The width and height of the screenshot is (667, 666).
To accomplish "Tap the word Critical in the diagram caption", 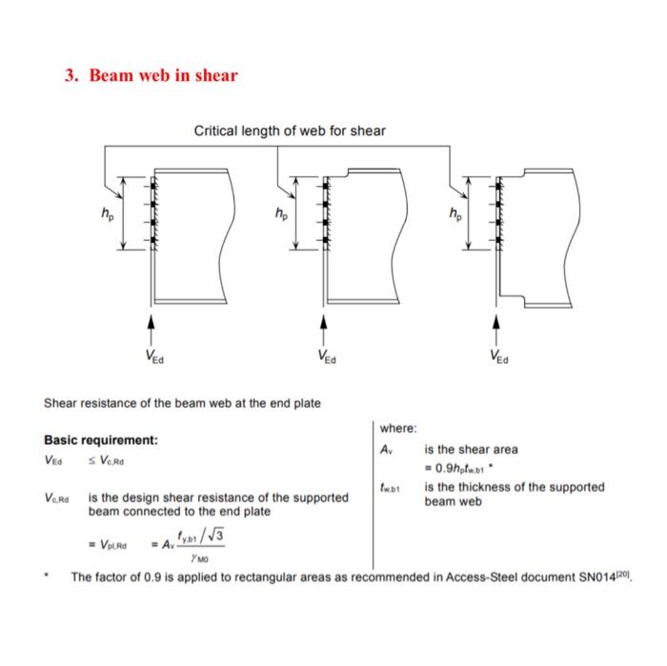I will click(x=216, y=131).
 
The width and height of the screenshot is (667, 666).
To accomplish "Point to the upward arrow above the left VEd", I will click(x=151, y=327).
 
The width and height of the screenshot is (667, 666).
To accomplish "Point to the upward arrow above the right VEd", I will click(x=495, y=327).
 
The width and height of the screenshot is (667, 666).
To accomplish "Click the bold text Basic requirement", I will click(x=101, y=440).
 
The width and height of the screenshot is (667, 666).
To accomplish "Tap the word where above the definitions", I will click(x=398, y=428).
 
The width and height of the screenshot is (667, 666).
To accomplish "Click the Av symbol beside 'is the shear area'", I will click(x=386, y=449).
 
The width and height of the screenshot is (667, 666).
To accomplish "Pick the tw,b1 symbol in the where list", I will click(x=388, y=488).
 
